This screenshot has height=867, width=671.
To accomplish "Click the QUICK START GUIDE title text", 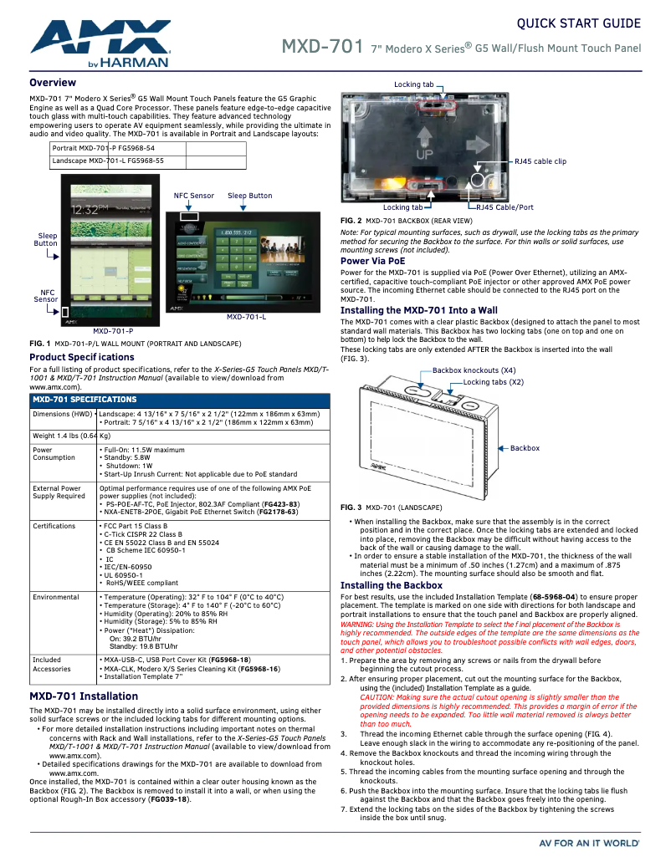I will click(x=579, y=23).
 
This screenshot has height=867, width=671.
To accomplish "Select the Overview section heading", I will click(x=53, y=83).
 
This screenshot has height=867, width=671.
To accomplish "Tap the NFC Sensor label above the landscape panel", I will click(x=194, y=196).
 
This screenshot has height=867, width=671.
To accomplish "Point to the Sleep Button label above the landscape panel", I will click(x=249, y=196).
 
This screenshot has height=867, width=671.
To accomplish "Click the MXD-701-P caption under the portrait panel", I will click(x=113, y=331).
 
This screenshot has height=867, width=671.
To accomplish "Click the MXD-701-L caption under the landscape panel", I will click(x=246, y=317).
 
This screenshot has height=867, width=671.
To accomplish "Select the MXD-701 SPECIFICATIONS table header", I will click(x=85, y=400).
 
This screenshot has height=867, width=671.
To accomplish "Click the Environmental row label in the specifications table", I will click(x=56, y=597).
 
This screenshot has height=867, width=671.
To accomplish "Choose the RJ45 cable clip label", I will click(x=540, y=161).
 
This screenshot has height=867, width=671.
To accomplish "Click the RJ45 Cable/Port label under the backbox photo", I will click(x=505, y=207).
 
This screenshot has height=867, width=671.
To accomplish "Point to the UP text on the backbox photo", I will click(x=425, y=155).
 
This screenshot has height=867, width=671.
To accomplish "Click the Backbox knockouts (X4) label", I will click(x=474, y=370).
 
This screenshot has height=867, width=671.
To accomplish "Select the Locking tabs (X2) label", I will click(x=493, y=382).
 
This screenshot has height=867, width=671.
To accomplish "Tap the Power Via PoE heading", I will click(x=372, y=261).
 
